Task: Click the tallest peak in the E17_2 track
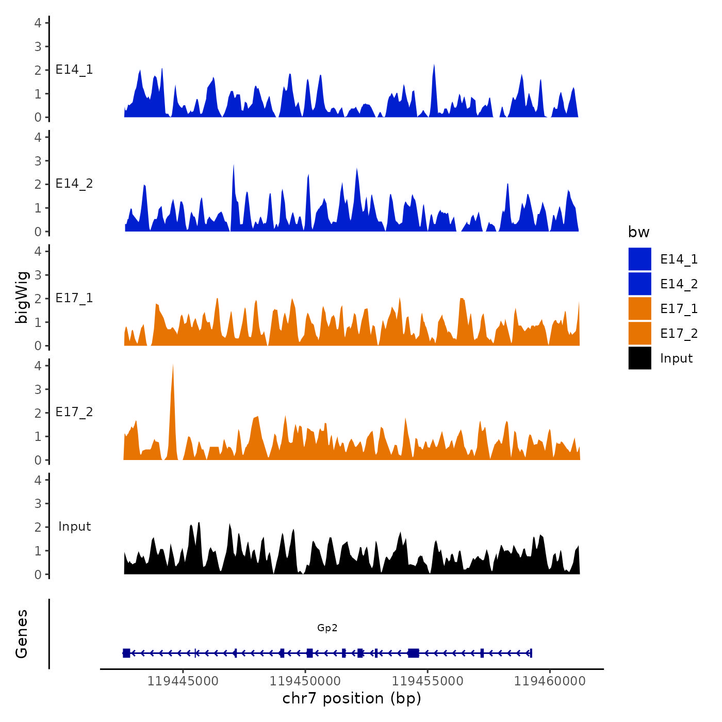(x=173, y=367)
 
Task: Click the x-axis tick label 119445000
(x=183, y=681)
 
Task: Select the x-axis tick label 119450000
(x=305, y=681)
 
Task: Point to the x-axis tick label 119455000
(x=428, y=681)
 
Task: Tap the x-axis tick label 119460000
(x=550, y=681)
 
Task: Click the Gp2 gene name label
(x=327, y=628)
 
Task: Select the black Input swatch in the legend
(x=639, y=358)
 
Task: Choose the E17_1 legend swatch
(x=639, y=308)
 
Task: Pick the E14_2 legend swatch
(x=639, y=284)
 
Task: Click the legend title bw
(x=638, y=232)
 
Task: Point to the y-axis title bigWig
(x=22, y=297)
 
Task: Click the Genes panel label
(x=22, y=634)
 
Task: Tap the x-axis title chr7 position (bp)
(x=352, y=698)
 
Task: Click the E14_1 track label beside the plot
(x=74, y=70)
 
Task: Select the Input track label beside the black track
(x=74, y=526)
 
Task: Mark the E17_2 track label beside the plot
(x=74, y=412)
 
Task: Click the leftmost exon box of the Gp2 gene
(x=126, y=653)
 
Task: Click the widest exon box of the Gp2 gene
(x=413, y=653)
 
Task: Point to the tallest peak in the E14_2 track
(x=234, y=166)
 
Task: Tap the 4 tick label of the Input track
(x=38, y=480)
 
